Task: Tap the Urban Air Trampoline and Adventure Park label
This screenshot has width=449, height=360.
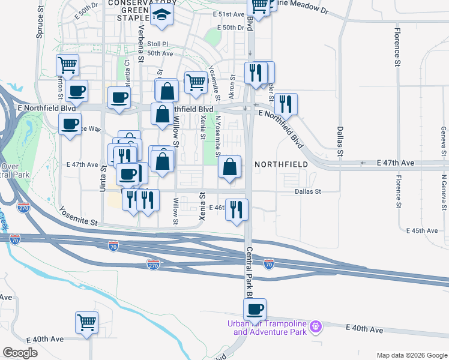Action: point(267,328)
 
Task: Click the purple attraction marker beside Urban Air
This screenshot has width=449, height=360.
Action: point(316,327)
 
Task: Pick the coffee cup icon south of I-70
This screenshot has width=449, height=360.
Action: point(255,310)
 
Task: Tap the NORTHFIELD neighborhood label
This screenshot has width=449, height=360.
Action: point(281,164)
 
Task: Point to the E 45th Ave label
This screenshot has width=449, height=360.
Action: point(422,230)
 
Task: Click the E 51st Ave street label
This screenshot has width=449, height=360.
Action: point(229,14)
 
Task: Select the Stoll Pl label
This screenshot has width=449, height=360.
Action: point(158,44)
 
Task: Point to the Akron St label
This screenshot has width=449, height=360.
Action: point(232,87)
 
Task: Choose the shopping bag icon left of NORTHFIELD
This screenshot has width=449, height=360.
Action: point(230,167)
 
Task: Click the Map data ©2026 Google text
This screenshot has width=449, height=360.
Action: point(411,355)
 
